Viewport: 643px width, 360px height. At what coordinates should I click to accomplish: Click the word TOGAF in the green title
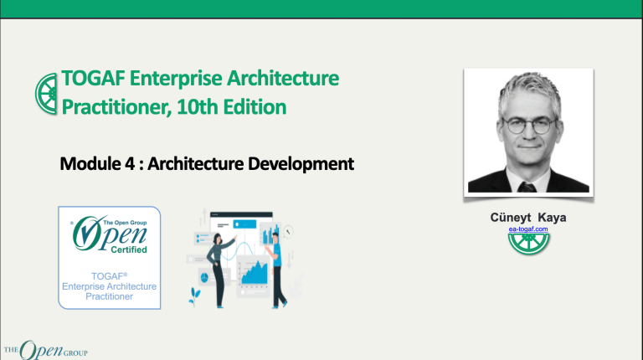point(90,80)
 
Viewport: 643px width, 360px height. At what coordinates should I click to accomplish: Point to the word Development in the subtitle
point(302,162)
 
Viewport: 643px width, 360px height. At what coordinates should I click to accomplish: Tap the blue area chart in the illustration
point(251,270)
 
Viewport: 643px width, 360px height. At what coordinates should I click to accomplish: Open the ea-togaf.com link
point(528,229)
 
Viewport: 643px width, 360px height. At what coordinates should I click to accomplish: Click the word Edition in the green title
point(255,107)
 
